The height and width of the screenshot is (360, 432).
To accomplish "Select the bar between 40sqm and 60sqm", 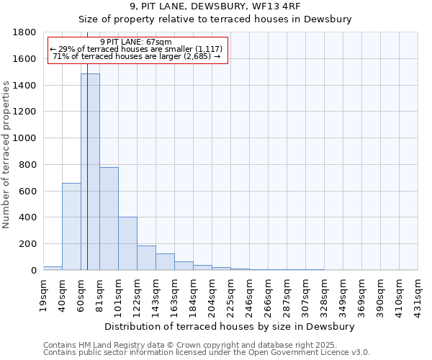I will click(x=71, y=226).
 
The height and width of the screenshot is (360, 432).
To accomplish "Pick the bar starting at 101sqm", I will click(x=127, y=243).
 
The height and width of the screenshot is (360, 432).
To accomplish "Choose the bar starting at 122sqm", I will click(x=146, y=258).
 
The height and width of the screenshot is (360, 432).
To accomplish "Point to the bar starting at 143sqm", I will click(x=165, y=262).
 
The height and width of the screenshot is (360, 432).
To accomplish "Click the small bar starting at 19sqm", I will click(x=53, y=268).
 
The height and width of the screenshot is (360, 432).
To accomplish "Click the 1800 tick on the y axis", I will click(x=25, y=32).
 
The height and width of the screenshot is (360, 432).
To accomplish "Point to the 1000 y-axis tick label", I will click(x=25, y=138).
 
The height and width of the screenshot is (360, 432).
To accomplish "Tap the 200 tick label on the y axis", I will click(x=28, y=244).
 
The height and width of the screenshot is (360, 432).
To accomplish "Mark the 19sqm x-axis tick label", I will click(x=44, y=292).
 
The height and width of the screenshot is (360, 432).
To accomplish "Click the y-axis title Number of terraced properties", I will click(x=6, y=155).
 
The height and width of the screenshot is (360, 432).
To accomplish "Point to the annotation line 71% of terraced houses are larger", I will click(x=136, y=56).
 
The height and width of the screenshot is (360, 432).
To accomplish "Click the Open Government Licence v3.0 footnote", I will click(x=207, y=353).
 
